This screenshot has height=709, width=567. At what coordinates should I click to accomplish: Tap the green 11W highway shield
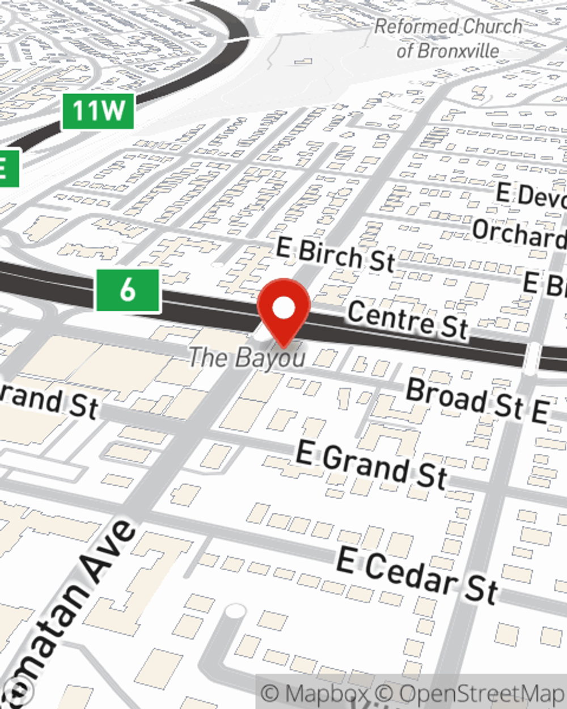tap(98, 111)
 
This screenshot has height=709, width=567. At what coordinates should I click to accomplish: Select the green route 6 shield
tap(128, 290)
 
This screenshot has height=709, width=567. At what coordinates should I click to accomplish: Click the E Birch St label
tap(335, 255)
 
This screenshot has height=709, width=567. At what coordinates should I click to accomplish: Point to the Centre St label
tap(408, 320)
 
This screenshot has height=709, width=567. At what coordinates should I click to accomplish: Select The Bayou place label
tap(247, 357)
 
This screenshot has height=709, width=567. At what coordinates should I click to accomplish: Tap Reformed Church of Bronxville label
tap(448, 39)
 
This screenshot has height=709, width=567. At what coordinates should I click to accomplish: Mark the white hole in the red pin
tap(283, 308)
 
